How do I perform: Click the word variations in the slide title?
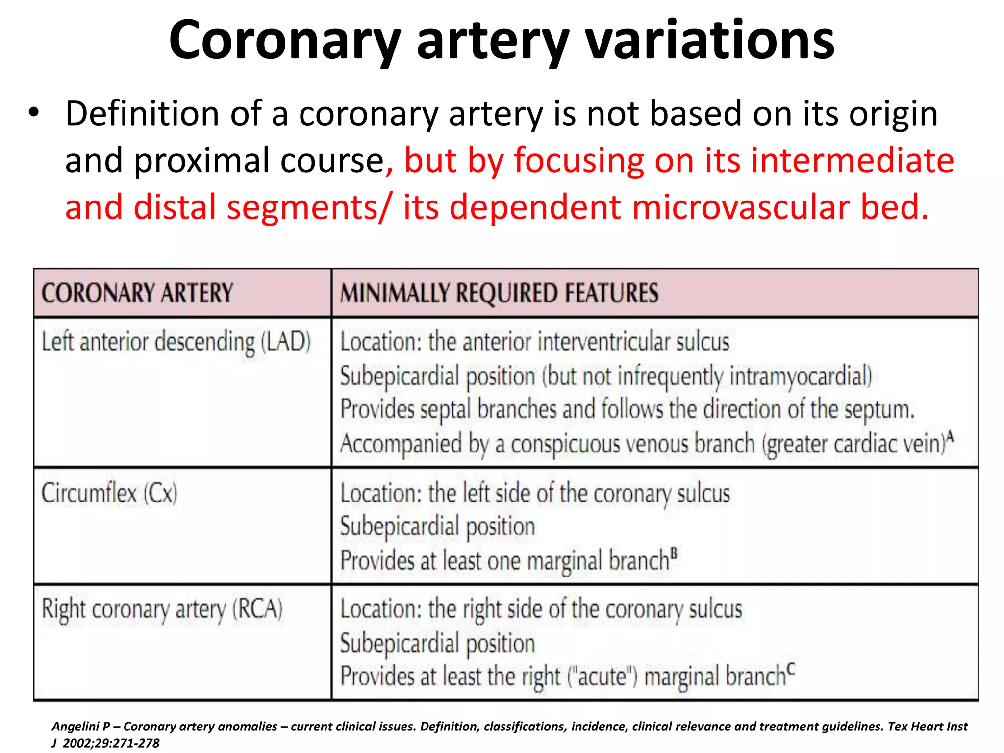710,40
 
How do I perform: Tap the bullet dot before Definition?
33,113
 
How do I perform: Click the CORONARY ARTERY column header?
137,293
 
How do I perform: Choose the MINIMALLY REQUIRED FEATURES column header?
499,293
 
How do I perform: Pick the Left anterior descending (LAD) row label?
176,342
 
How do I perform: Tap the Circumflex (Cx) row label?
109,493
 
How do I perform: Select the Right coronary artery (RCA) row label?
162,609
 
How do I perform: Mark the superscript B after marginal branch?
674,553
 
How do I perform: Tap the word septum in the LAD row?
879,409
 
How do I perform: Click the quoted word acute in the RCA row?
603,677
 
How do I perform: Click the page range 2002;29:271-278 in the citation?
111,743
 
